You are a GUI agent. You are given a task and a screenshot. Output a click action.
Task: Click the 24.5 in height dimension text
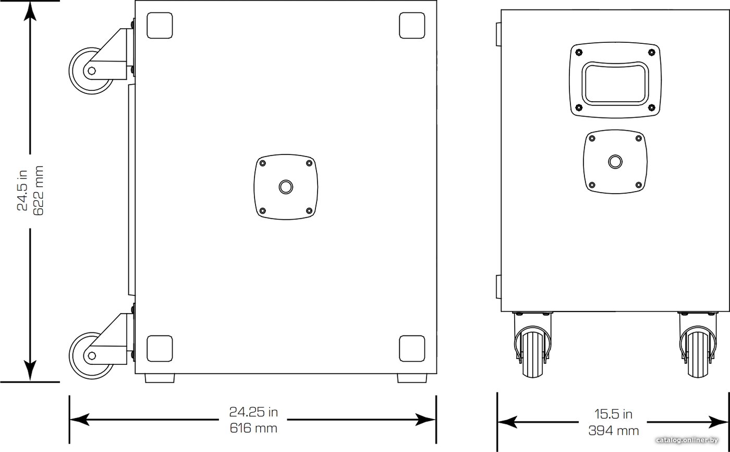click(x=22, y=191)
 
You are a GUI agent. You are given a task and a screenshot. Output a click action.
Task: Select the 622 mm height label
click(x=39, y=191)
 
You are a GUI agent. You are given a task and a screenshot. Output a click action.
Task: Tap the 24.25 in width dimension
click(x=253, y=412)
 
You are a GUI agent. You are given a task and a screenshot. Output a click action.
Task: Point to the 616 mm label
click(x=253, y=428)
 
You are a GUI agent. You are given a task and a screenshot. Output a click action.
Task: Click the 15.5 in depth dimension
click(x=613, y=414)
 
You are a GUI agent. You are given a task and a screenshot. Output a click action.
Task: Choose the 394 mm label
click(x=614, y=431)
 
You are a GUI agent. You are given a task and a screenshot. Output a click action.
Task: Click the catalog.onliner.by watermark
click(x=687, y=441)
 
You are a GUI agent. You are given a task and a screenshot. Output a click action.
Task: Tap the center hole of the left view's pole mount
click(x=286, y=187)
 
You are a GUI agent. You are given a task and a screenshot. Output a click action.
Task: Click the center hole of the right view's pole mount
click(x=615, y=162)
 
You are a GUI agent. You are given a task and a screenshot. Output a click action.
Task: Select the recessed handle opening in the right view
click(x=615, y=84)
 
